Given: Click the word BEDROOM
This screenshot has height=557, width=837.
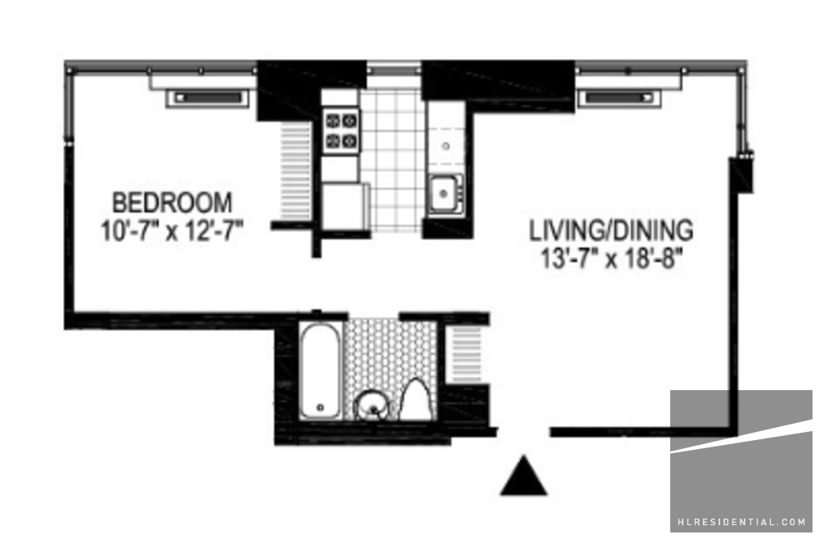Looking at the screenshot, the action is tap(172, 202).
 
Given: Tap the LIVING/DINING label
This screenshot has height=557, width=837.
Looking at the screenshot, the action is tap(611, 230).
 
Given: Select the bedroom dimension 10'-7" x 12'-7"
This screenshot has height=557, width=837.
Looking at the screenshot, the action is tap(172, 231).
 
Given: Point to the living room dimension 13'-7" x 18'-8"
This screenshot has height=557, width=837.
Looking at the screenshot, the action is tap(611, 260).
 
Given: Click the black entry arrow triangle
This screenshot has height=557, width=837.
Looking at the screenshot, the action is tap(524, 475).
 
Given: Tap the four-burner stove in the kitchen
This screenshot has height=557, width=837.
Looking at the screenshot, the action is tap(342, 132).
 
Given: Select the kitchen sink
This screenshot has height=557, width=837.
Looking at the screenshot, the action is tap(445, 194).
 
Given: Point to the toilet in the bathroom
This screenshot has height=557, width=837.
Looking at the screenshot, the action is tap(417, 398).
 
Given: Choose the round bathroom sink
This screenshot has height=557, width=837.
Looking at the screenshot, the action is tap(373, 406).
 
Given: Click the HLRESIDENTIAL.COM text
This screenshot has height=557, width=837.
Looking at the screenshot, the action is tap(741, 523).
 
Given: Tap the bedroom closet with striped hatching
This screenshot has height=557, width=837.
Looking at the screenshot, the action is tap(296, 171).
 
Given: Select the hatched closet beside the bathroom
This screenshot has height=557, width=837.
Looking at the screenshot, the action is tap(466, 354).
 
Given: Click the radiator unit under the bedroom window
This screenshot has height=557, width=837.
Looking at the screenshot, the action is tap(207, 99).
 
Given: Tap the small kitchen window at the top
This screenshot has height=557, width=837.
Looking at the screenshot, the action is tap(394, 69).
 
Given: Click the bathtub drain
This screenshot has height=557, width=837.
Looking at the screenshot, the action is tap(320, 407).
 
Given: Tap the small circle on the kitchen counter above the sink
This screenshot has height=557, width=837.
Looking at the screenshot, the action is tap(445, 146).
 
